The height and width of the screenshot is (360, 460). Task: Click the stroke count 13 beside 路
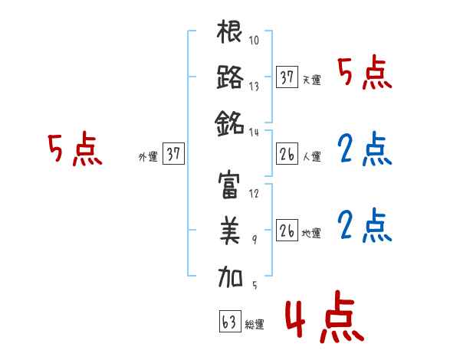click(254, 87)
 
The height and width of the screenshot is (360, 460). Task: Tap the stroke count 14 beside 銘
click(255, 132)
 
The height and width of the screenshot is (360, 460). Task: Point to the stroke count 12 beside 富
click(254, 194)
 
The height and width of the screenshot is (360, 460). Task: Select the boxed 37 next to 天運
click(287, 77)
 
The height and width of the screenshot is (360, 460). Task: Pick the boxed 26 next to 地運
click(287, 231)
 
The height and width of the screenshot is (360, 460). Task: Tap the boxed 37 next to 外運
click(172, 154)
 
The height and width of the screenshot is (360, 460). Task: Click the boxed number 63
click(228, 322)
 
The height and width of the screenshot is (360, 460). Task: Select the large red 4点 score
click(321, 319)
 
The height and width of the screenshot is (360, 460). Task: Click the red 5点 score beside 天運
click(364, 74)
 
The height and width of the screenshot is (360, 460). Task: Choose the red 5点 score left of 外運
click(74, 150)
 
